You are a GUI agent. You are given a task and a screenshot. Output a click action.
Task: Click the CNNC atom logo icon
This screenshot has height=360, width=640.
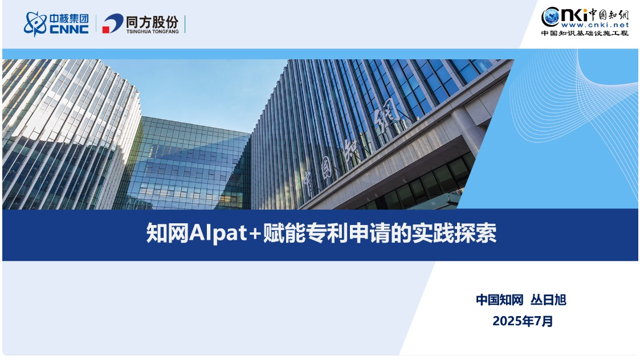(x=35, y=24)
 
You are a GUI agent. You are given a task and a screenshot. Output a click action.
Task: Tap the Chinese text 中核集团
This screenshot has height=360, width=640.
(x=69, y=19)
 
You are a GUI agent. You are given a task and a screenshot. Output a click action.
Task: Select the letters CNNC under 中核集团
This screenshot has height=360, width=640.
(x=69, y=30)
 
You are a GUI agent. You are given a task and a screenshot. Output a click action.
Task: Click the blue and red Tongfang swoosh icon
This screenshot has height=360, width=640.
(x=113, y=23)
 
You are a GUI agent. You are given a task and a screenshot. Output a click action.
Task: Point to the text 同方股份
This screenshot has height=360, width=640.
(x=152, y=21)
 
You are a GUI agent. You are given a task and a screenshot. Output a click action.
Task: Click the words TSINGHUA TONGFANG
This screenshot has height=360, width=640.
(x=152, y=31)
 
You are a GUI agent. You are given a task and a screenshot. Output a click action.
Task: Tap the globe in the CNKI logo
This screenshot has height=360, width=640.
(x=551, y=17)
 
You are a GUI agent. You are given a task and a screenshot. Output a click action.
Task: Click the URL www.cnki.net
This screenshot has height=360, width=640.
(x=595, y=25)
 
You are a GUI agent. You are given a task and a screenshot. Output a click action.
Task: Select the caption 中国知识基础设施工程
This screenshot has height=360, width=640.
(x=585, y=33)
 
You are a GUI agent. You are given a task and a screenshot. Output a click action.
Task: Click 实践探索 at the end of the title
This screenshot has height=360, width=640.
(x=454, y=234)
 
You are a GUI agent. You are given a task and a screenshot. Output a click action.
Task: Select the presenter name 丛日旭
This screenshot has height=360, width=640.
(x=548, y=300)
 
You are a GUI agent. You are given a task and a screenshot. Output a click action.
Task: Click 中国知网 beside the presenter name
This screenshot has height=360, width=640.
(x=500, y=300)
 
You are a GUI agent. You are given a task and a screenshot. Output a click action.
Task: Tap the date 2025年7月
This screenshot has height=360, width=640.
(x=523, y=321)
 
